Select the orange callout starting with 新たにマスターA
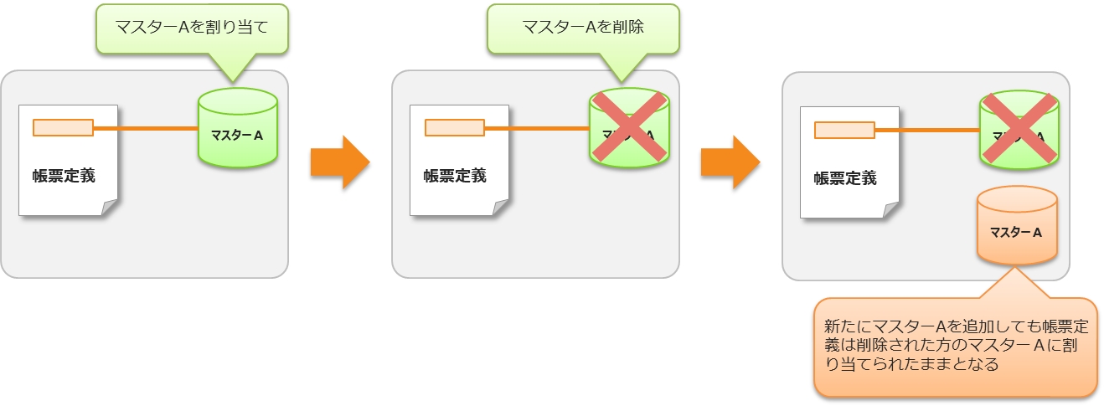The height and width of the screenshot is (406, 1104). [x=954, y=346]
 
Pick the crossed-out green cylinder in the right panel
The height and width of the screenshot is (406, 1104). [x=1019, y=129]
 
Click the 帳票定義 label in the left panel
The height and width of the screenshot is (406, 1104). [x=64, y=177]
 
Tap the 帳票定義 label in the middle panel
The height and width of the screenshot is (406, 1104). [x=454, y=177]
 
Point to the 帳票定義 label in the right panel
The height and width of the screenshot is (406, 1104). [x=845, y=178]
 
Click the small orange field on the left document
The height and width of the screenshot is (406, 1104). [x=63, y=128]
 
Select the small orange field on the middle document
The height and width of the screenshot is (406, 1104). [x=454, y=128]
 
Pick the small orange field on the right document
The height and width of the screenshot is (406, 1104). [x=844, y=130]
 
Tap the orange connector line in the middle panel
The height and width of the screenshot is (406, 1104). [x=537, y=128]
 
